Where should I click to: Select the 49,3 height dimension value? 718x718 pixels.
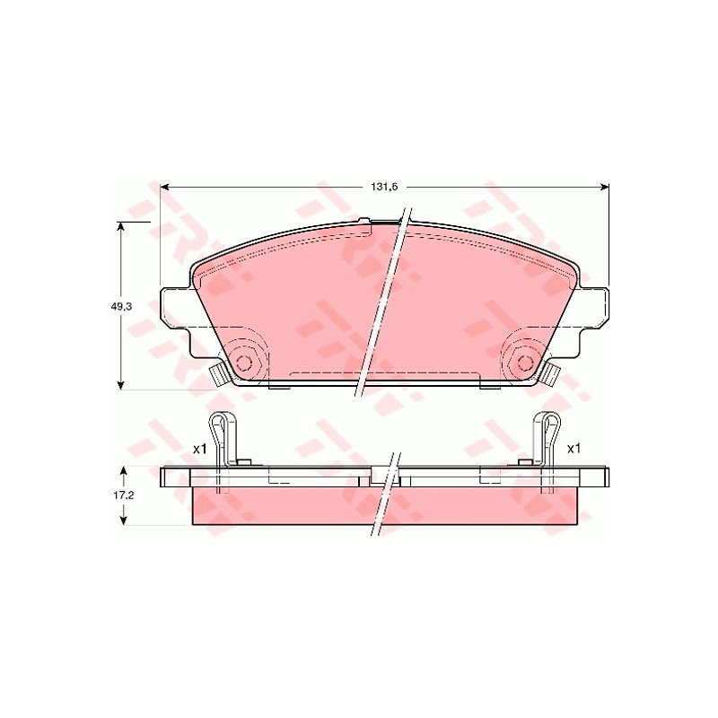(x=121, y=307)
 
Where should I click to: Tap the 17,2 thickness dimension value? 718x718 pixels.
(x=123, y=495)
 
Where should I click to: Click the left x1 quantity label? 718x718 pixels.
(x=199, y=450)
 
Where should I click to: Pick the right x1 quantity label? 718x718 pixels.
(x=574, y=450)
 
